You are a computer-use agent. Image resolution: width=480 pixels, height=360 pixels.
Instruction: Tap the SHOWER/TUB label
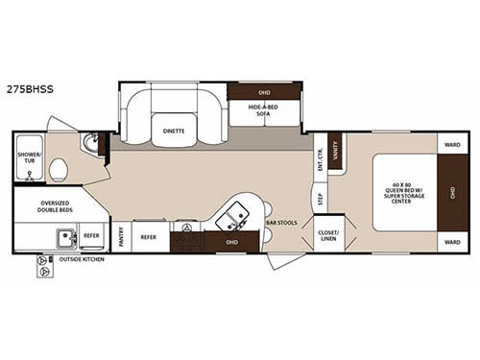[x=29, y=158]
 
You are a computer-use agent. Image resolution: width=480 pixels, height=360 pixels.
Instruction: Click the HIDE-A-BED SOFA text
[x=264, y=110]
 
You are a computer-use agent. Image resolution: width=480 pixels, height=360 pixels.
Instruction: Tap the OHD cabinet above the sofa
[x=264, y=92]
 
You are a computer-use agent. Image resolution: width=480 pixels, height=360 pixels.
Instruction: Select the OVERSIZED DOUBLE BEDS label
[x=60, y=206]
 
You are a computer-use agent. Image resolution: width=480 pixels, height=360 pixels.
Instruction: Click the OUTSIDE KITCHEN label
[x=82, y=259]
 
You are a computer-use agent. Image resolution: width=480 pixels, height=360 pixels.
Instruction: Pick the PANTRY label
[x=121, y=235]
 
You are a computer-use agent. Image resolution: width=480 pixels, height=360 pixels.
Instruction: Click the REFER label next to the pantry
[x=149, y=235]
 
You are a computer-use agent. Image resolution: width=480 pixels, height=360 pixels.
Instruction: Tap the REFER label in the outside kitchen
[x=90, y=235]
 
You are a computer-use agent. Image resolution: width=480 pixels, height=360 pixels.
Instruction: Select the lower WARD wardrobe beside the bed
[x=452, y=241]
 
